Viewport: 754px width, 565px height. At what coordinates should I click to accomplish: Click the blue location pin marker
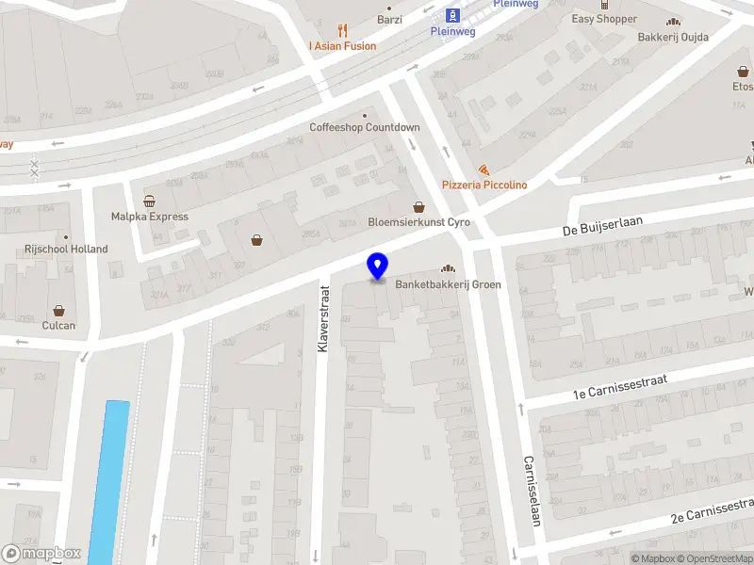[x=377, y=266]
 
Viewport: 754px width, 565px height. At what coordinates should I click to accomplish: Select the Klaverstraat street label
[x=322, y=319]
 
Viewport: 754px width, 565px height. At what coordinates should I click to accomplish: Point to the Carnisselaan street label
[x=533, y=491]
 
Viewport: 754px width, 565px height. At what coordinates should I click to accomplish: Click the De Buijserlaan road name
[x=602, y=225]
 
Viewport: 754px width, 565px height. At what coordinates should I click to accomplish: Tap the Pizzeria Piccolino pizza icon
[x=484, y=169]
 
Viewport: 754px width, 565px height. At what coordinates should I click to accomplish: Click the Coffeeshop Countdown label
[x=365, y=127]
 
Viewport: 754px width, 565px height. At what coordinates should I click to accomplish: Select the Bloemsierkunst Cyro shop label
[x=418, y=222]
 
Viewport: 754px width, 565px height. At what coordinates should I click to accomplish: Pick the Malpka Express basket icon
[x=149, y=201]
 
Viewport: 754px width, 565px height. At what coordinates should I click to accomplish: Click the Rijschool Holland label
[x=66, y=250]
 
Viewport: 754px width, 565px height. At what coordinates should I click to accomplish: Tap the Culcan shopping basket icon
[x=58, y=310]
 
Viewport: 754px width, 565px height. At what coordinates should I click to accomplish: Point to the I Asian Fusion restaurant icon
[x=342, y=29]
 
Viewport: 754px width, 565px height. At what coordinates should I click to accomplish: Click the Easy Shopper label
[x=604, y=19]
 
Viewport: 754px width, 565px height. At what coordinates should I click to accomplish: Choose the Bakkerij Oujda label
[x=674, y=37]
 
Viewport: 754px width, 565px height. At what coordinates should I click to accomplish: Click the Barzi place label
[x=389, y=20]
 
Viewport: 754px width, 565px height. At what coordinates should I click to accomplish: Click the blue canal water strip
[x=109, y=480]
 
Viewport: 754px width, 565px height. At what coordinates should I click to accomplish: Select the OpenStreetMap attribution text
[x=713, y=558]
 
